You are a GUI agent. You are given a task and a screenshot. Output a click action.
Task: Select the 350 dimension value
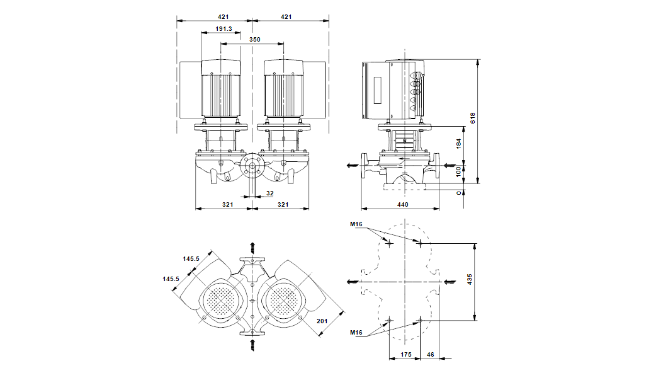(254, 40)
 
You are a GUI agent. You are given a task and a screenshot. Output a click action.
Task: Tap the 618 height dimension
(473, 117)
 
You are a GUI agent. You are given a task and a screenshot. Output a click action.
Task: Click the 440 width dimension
(403, 204)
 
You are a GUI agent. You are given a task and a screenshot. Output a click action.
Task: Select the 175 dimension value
(406, 355)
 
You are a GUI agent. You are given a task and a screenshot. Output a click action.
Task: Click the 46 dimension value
(431, 355)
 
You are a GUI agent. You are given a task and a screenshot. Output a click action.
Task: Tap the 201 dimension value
(322, 322)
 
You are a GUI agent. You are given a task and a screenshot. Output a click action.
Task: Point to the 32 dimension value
(269, 192)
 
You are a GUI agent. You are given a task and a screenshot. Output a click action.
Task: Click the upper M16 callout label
(356, 224)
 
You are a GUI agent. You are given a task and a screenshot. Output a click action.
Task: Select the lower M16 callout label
(356, 331)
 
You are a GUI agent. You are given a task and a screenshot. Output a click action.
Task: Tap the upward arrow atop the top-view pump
(253, 246)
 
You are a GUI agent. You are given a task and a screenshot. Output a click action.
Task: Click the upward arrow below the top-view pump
(253, 343)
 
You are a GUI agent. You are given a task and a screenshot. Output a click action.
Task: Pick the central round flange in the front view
(251, 168)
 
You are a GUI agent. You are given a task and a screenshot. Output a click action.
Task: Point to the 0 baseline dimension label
(458, 193)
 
